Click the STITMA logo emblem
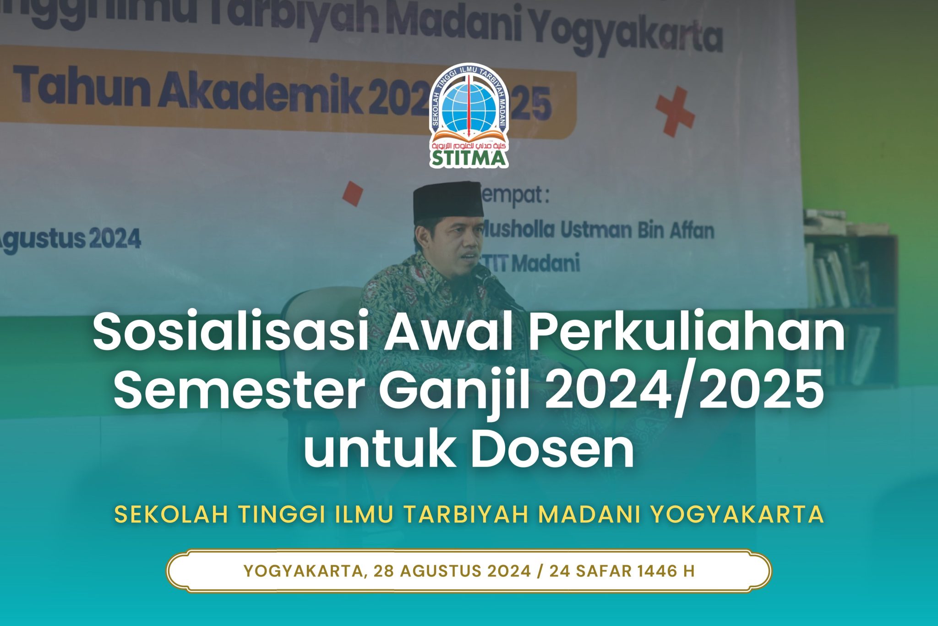coord(469,115)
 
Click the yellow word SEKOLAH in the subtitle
coord(171,515)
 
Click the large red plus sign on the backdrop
coord(674,111)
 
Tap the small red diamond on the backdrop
coord(353,193)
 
